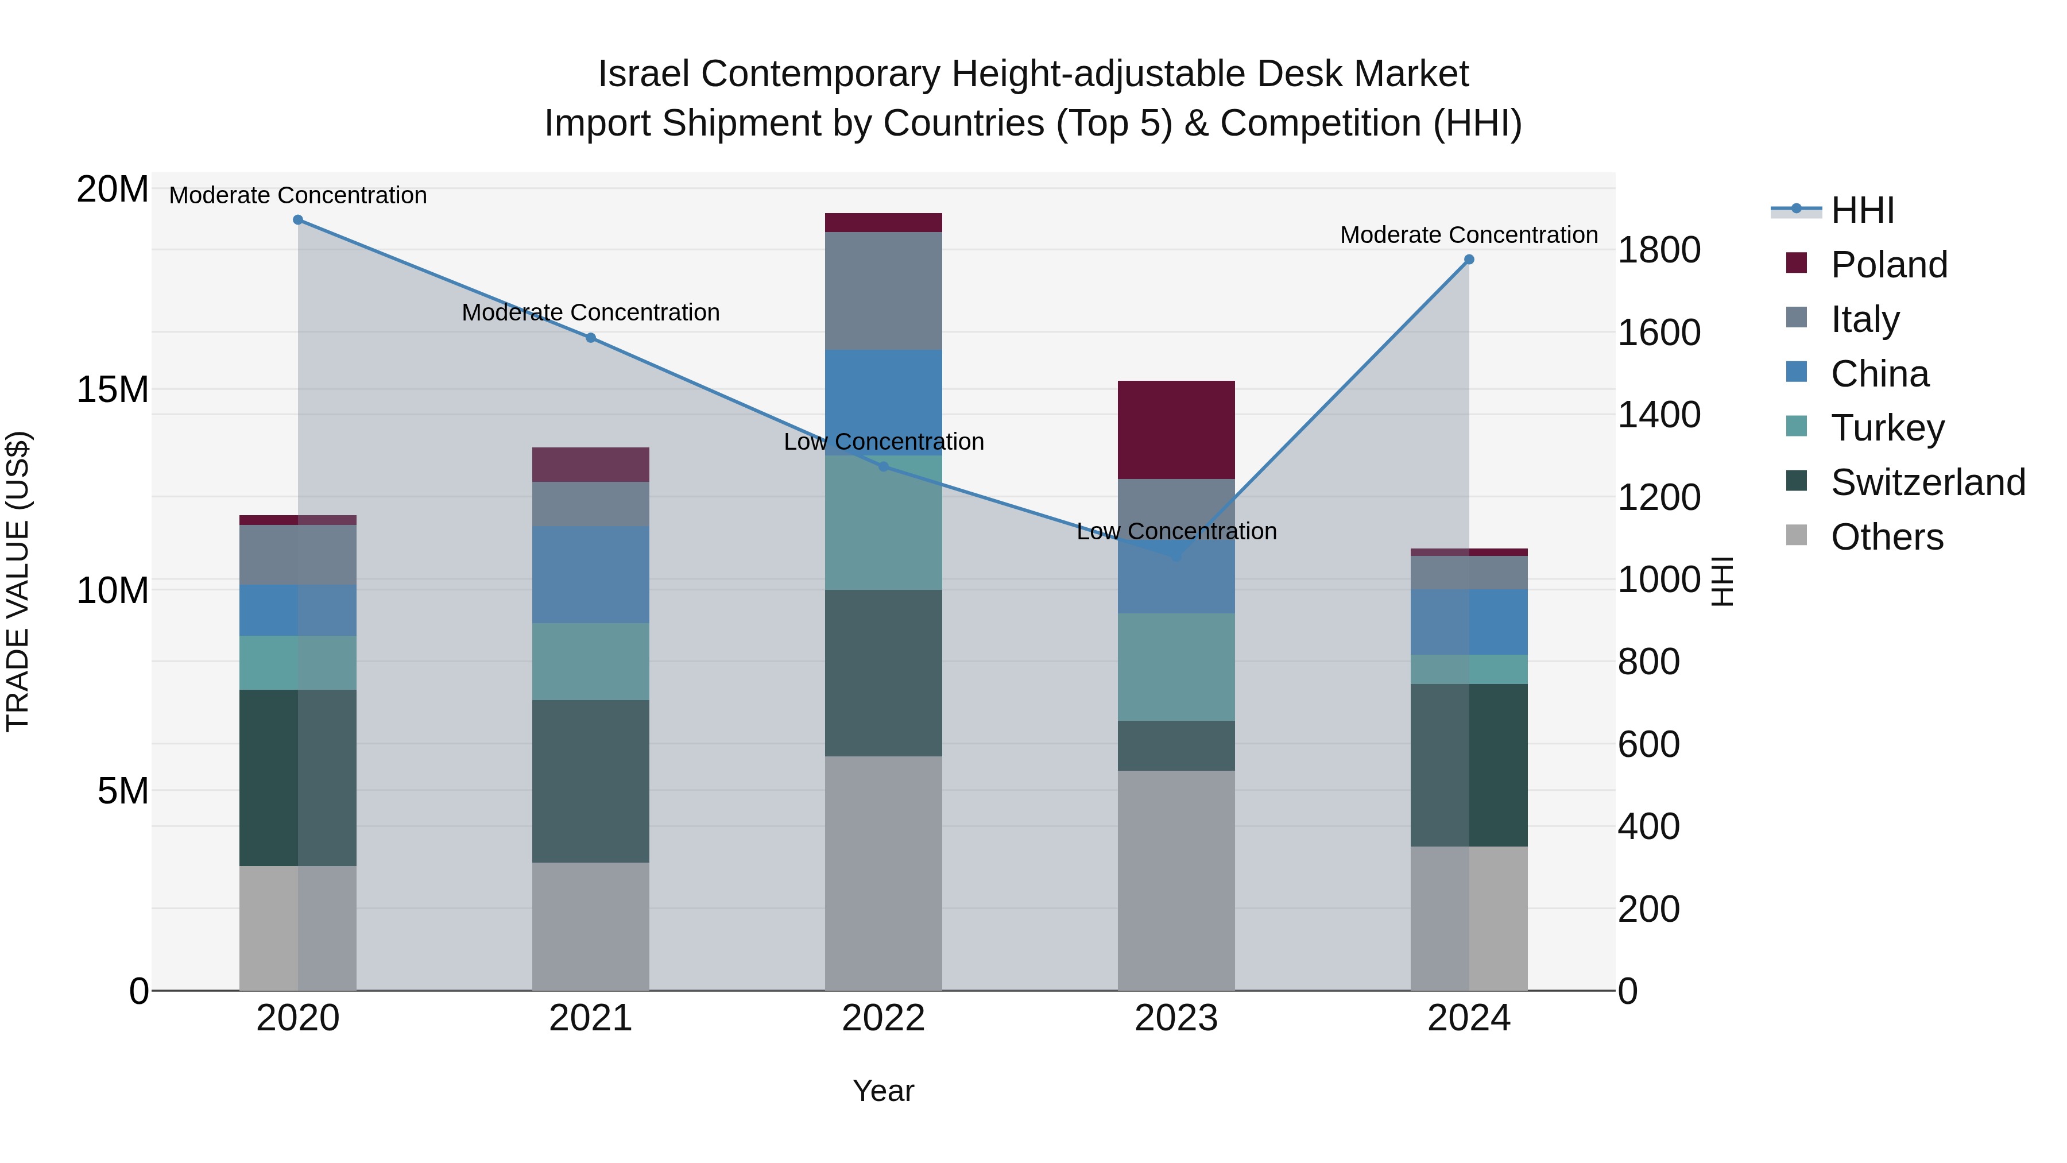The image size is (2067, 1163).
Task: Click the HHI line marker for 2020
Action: (x=297, y=220)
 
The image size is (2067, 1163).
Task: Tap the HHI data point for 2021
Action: (x=591, y=338)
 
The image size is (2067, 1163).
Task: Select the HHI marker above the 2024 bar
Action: (x=1469, y=259)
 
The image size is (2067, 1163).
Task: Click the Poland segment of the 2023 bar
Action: (x=1176, y=430)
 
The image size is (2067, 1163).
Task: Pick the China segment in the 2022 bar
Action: (x=884, y=401)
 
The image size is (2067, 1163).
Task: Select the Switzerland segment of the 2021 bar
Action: (x=591, y=781)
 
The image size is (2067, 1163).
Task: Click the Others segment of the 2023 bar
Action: (x=1176, y=880)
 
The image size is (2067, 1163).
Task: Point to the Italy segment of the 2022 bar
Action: (x=884, y=291)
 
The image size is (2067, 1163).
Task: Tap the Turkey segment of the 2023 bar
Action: (x=1176, y=667)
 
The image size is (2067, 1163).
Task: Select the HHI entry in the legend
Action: (x=1861, y=210)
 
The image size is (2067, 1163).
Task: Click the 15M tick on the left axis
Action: (x=113, y=390)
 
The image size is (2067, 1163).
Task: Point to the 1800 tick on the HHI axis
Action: (x=1658, y=250)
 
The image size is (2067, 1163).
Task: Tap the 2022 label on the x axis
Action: (x=884, y=1018)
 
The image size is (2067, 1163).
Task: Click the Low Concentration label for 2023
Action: (x=1176, y=531)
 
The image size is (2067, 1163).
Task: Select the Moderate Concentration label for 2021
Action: (x=591, y=312)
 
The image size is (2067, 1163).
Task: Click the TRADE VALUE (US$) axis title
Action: (x=18, y=581)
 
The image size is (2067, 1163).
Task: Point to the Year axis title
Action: (x=884, y=1091)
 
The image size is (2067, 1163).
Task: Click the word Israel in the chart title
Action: (x=644, y=74)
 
